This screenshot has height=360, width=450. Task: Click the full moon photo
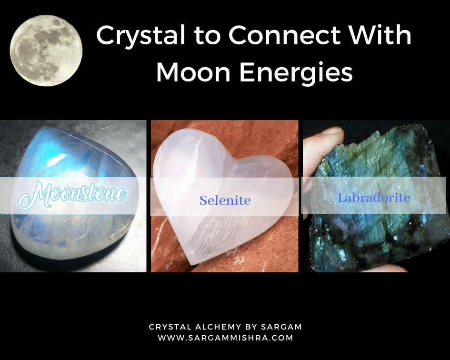[46, 50]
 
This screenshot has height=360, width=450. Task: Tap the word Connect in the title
[284, 35]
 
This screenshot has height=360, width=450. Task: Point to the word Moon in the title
[193, 72]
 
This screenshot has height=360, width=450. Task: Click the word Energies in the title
[296, 74]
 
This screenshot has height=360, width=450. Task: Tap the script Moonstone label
[72, 195]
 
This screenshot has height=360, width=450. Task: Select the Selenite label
[225, 200]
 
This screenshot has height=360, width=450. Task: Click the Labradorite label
[374, 198]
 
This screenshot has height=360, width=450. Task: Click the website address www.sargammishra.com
[225, 338]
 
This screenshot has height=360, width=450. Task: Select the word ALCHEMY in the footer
[218, 327]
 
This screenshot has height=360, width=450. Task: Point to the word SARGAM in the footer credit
[281, 327]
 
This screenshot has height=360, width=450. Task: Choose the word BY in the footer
[251, 327]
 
